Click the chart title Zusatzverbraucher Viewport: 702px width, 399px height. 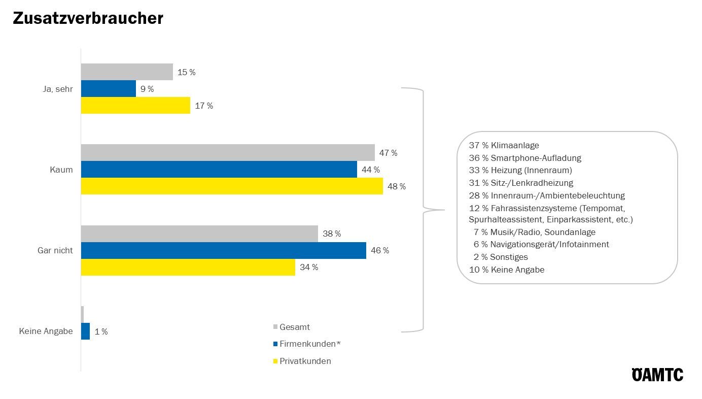88,18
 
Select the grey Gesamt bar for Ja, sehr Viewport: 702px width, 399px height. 127,72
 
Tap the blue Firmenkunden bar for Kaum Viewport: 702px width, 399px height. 219,170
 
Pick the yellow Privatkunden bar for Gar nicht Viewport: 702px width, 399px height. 188,267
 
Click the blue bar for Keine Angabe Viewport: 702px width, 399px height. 85,331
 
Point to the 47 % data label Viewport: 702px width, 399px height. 388,153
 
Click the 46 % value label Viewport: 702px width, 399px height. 379,250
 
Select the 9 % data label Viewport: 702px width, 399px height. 147,89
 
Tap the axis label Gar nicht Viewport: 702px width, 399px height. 55,250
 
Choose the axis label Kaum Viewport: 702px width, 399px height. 61,170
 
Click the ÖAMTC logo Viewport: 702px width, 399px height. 657,375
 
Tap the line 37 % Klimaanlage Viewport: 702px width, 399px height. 504,145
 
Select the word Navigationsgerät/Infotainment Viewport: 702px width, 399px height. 549,244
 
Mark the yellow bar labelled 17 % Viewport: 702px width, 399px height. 135,106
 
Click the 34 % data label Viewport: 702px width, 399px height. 309,267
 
